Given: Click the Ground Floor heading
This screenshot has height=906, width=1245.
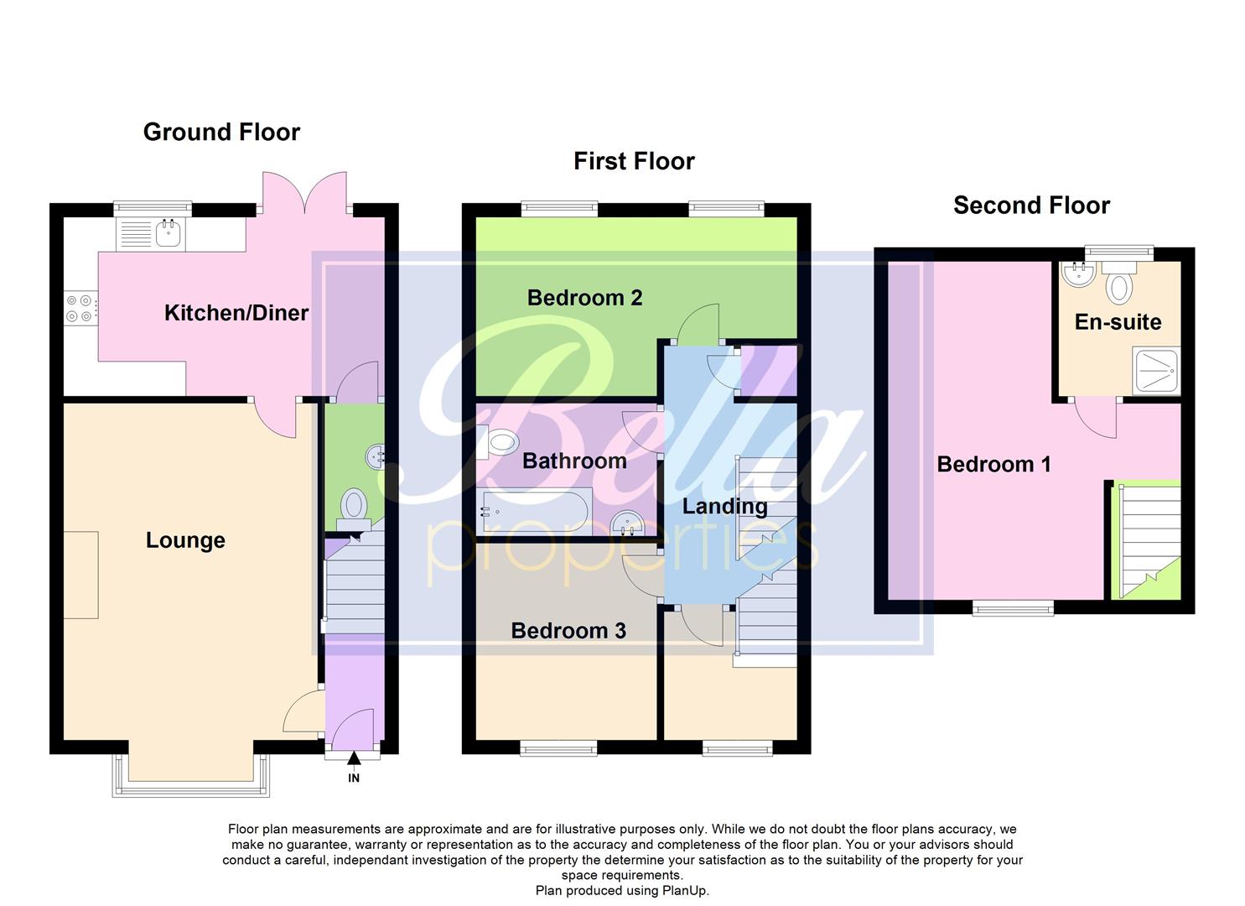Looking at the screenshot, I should (221, 132).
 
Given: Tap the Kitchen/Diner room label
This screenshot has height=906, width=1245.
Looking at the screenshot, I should (236, 313).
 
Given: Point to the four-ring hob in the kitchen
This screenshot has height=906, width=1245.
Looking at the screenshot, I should (80, 307).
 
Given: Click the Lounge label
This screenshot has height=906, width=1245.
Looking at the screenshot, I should (185, 540).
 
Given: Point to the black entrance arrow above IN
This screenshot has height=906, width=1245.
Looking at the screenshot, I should (354, 759).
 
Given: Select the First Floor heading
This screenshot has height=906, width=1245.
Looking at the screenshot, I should (634, 161).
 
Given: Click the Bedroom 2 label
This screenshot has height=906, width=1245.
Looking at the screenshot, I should (584, 298).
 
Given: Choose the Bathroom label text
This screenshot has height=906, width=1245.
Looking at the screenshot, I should (574, 461).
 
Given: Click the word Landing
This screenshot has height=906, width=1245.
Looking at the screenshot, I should (724, 506).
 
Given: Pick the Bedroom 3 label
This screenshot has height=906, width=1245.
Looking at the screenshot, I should (568, 631).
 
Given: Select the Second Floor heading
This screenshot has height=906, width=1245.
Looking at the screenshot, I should (1031, 206).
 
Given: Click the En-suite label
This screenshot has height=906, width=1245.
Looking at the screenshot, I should (1118, 322).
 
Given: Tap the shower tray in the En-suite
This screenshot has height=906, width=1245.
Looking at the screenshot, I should (1156, 372).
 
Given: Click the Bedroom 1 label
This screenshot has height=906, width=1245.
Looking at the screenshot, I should (993, 464).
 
